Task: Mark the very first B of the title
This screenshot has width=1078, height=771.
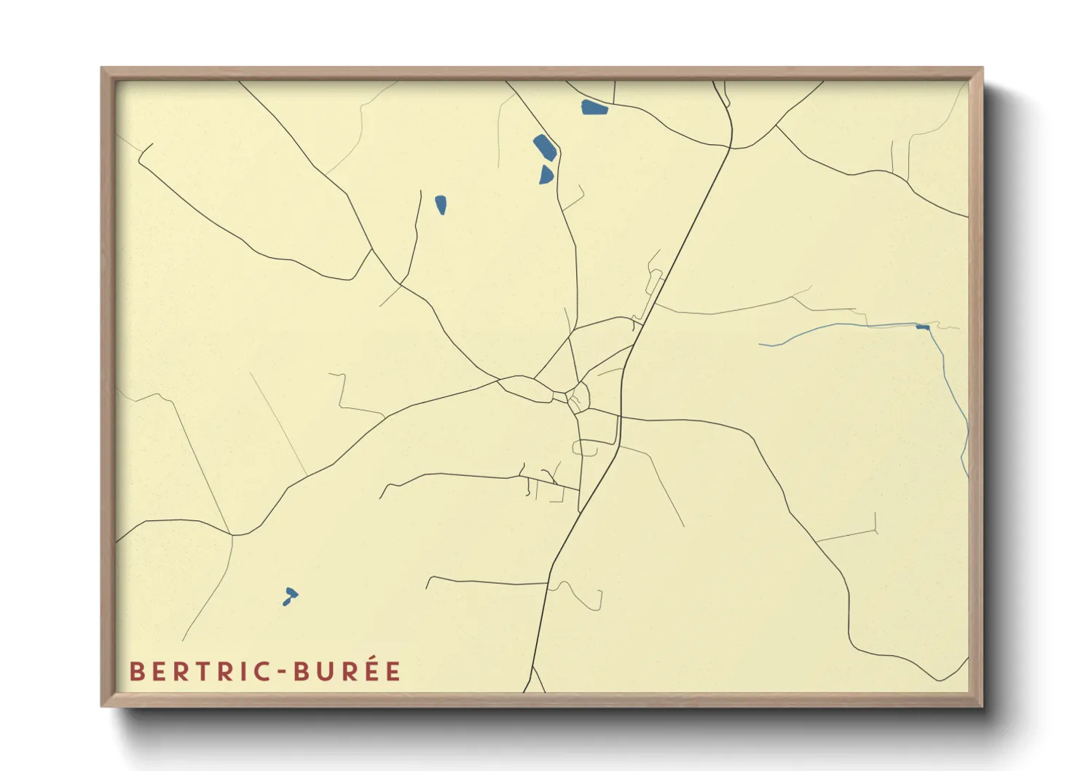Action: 135,671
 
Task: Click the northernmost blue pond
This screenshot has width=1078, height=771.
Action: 594,109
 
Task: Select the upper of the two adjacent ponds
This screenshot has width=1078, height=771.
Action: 545,147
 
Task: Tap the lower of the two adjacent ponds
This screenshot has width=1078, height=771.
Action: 546,175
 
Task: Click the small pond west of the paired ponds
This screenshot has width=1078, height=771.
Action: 441,205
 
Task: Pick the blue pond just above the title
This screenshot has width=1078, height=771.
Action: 290,595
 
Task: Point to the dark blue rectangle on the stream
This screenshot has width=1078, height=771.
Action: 923,327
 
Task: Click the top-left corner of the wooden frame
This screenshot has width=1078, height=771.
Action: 102,69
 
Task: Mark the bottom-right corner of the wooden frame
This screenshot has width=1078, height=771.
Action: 982,705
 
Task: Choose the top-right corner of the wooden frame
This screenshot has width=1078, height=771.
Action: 982,69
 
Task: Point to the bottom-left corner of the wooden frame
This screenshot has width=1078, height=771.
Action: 102,705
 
